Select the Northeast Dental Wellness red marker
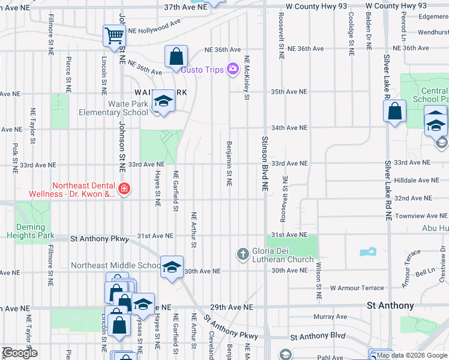[x=124, y=190]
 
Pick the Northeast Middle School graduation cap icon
[x=172, y=267]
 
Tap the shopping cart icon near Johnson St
[x=113, y=35]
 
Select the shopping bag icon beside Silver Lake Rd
[x=394, y=111]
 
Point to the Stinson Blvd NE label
[x=265, y=163]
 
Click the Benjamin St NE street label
[x=229, y=163]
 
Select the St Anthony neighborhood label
[x=390, y=306]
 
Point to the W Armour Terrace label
[x=357, y=288]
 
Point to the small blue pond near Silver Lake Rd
[x=366, y=253]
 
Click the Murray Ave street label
[x=330, y=316]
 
